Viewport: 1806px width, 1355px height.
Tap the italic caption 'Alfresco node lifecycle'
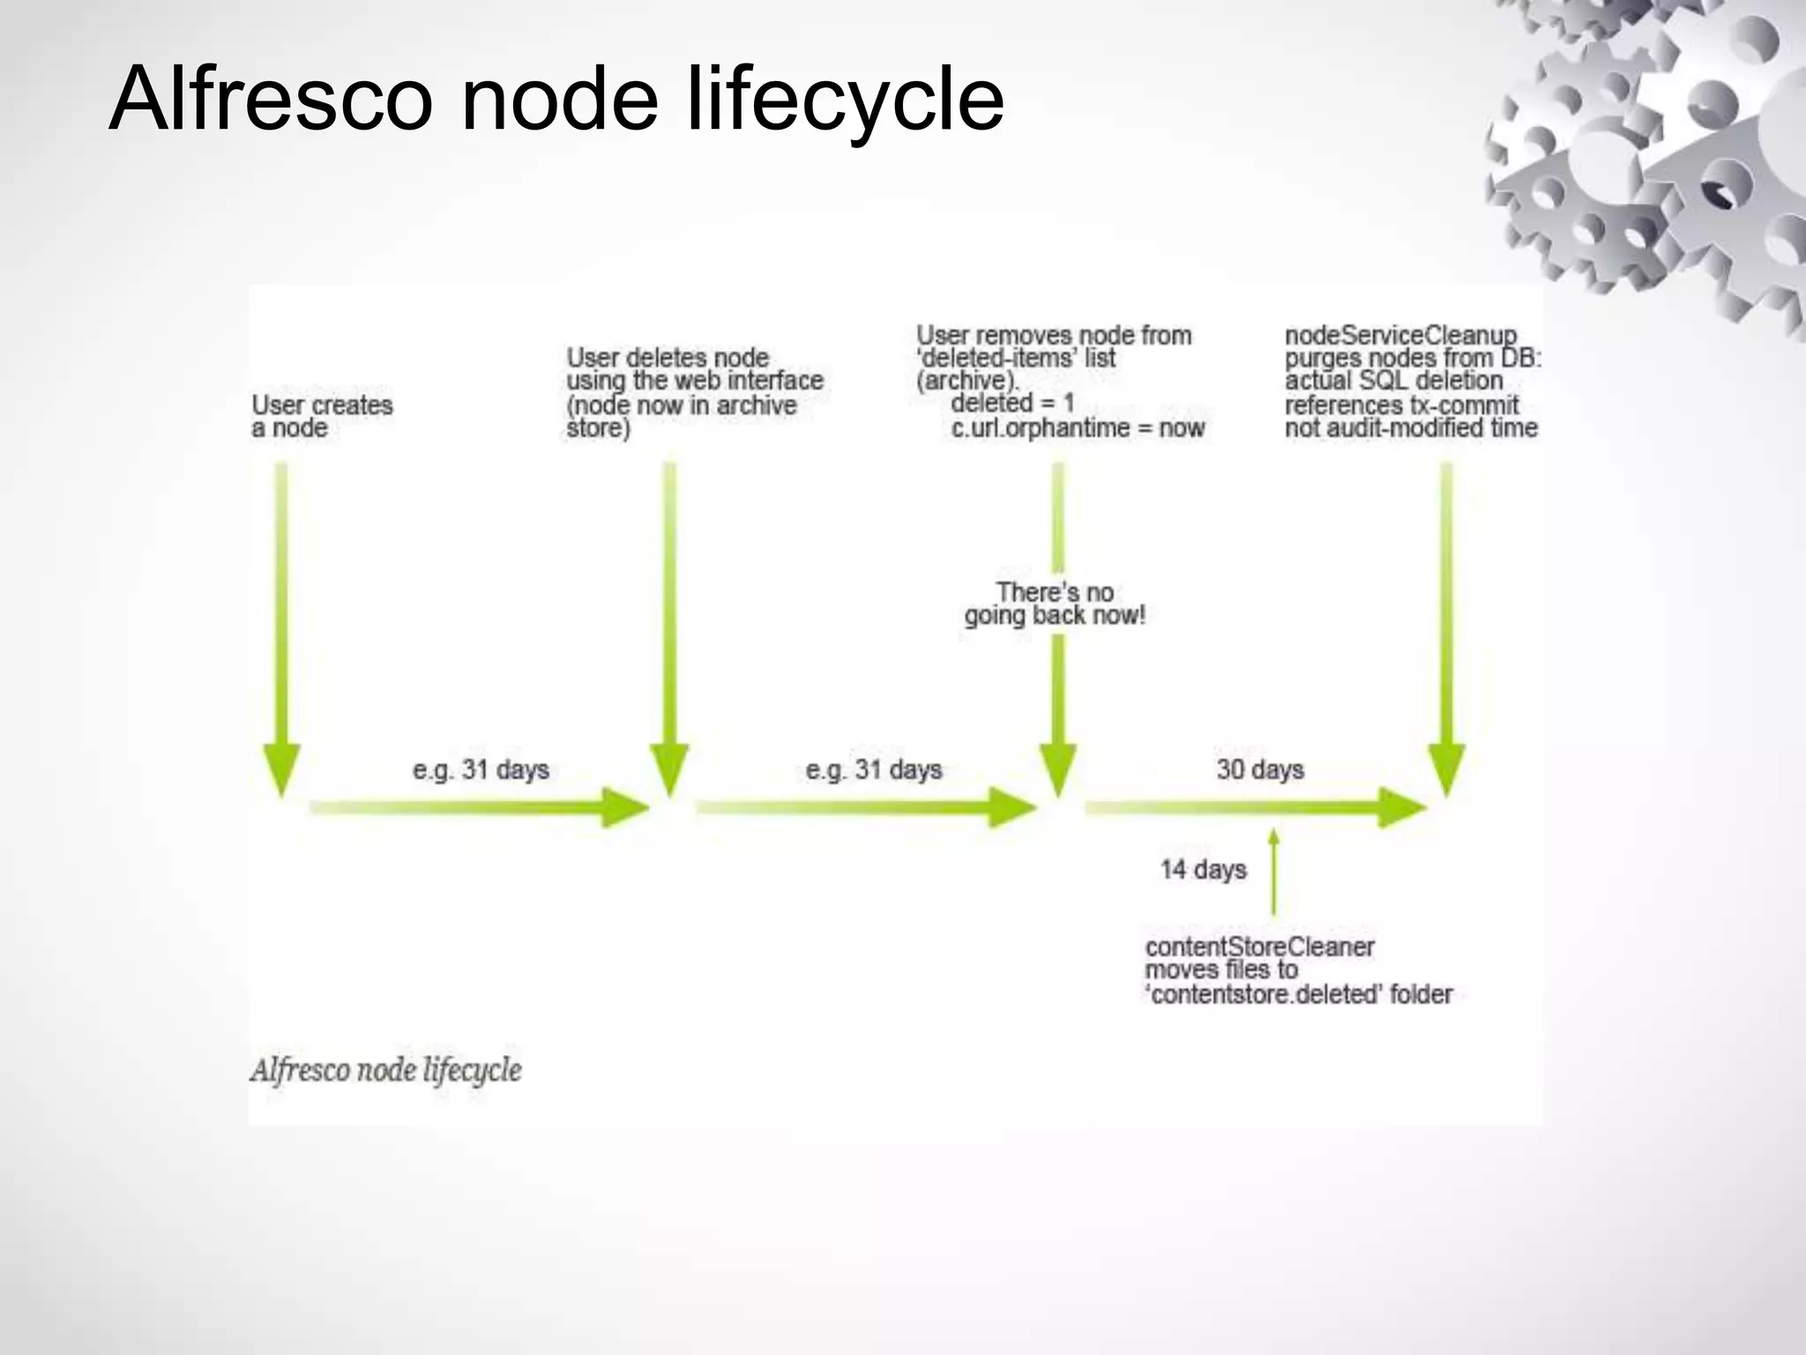tap(385, 1070)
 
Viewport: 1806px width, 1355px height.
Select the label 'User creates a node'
tap(322, 416)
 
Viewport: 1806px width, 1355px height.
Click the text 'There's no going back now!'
tap(1055, 603)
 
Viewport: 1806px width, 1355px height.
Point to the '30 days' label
tap(1260, 769)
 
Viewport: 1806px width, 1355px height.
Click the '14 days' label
tap(1203, 870)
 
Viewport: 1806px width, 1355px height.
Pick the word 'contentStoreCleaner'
tap(1259, 947)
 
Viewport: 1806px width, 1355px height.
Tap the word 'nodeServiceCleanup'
tap(1400, 335)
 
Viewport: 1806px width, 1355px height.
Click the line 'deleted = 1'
tap(1012, 403)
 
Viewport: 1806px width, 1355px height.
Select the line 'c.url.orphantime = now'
tap(1078, 428)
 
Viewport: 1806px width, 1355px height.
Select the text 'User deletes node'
tap(668, 357)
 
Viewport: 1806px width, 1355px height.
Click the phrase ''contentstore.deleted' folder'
tap(1298, 995)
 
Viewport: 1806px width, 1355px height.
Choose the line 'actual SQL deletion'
tap(1393, 381)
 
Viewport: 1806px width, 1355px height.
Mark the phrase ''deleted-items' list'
tap(1016, 358)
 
